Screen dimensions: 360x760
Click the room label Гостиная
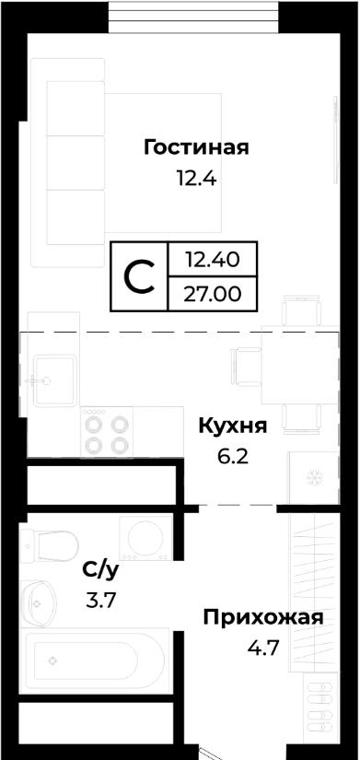point(196,147)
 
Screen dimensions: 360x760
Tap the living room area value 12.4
point(196,180)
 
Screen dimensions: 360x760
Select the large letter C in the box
point(140,276)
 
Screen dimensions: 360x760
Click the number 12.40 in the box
point(212,261)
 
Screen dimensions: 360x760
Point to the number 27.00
point(212,293)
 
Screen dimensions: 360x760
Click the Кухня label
point(233,427)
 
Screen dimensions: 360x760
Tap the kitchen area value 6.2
point(233,457)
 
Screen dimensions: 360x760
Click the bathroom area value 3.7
point(100,602)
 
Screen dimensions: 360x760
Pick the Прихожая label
point(263,618)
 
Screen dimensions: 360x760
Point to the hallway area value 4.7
point(263,648)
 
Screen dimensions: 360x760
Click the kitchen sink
point(54,380)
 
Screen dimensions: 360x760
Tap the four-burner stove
point(107,431)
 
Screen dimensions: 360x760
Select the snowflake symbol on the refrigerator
point(315,478)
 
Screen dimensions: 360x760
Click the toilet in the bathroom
point(49,545)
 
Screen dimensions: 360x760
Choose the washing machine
point(145,537)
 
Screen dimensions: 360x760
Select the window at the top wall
point(193,17)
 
